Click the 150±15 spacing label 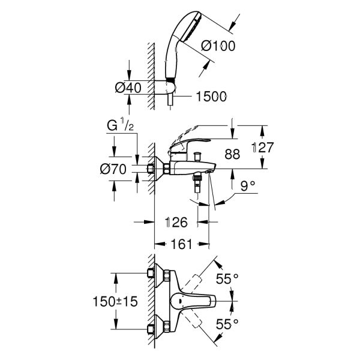[x=119, y=301]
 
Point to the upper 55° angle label [x=227, y=278]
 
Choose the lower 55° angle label [x=227, y=323]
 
